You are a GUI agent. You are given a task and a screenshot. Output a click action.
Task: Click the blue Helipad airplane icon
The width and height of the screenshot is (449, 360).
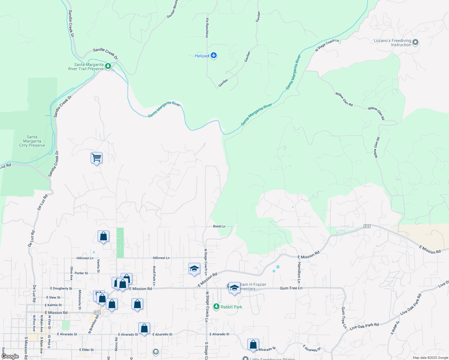pos(214,55)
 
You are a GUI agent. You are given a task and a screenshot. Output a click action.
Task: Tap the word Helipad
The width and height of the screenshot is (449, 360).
pos(202,56)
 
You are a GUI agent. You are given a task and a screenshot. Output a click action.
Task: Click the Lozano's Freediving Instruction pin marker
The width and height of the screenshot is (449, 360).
pos(415,42)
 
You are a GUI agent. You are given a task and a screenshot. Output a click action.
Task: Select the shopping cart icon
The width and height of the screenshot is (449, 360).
pos(96,157)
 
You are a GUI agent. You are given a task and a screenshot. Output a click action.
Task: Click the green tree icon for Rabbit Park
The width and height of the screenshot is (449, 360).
pos(216,307)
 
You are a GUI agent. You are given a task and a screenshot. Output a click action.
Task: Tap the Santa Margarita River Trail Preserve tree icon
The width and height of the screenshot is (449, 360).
pos(108,66)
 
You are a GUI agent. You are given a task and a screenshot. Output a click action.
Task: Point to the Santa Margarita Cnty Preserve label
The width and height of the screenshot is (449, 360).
pos(32,141)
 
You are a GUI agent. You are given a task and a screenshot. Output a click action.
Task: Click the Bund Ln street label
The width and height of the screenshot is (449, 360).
pos(219,226)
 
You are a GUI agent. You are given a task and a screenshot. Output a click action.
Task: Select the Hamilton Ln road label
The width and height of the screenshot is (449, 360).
pos(299,272)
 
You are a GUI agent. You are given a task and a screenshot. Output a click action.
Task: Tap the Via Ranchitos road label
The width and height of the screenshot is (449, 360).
pos(207,28)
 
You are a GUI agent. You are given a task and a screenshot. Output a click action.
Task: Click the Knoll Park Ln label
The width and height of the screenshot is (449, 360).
pos(154,276)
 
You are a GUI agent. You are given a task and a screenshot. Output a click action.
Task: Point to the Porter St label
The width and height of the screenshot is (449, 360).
pos(81,273)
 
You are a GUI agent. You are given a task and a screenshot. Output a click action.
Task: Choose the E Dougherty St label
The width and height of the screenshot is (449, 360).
pos(61,289)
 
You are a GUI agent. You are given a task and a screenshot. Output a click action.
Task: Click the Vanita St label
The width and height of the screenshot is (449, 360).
pos(98,266)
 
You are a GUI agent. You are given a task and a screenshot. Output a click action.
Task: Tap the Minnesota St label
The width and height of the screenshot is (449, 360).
pos(80,299)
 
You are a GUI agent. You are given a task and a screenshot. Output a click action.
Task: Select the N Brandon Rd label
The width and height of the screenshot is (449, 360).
pos(94,324)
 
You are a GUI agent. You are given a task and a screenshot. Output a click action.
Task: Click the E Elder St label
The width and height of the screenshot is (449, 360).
pos(86,350)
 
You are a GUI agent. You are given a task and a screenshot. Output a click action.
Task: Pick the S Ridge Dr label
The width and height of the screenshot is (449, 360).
pos(395,328)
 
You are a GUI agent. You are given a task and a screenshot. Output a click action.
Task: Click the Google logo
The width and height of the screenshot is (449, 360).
pos(10,356)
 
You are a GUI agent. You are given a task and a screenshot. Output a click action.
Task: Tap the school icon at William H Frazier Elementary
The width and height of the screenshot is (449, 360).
pos(234,288)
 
